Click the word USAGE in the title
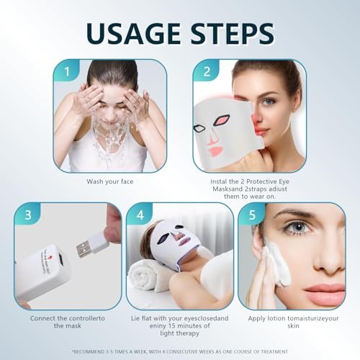[133, 33]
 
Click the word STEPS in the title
[233, 33]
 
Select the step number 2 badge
[206, 71]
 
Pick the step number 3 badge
[27, 214]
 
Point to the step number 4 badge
[140, 214]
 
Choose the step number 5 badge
[252, 214]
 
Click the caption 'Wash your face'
[110, 181]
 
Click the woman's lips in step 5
[325, 291]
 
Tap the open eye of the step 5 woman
[298, 227]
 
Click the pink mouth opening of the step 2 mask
[215, 151]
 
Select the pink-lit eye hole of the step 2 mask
[222, 120]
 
